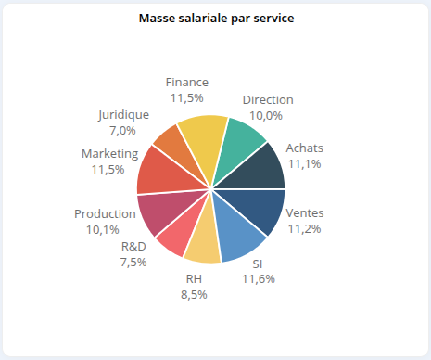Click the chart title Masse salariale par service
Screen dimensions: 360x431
pyautogui.click(x=216, y=19)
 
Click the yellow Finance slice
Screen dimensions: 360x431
pyautogui.click(x=203, y=134)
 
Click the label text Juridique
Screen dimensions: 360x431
pyautogui.click(x=122, y=115)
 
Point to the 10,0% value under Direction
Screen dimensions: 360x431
pyautogui.click(x=267, y=115)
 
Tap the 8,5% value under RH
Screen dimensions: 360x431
pyautogui.click(x=193, y=294)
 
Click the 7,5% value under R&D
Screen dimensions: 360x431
pyautogui.click(x=133, y=263)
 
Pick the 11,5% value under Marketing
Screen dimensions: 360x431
pyautogui.click(x=108, y=169)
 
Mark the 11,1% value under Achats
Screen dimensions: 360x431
pyautogui.click(x=304, y=163)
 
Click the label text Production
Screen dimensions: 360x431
pyautogui.click(x=105, y=214)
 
